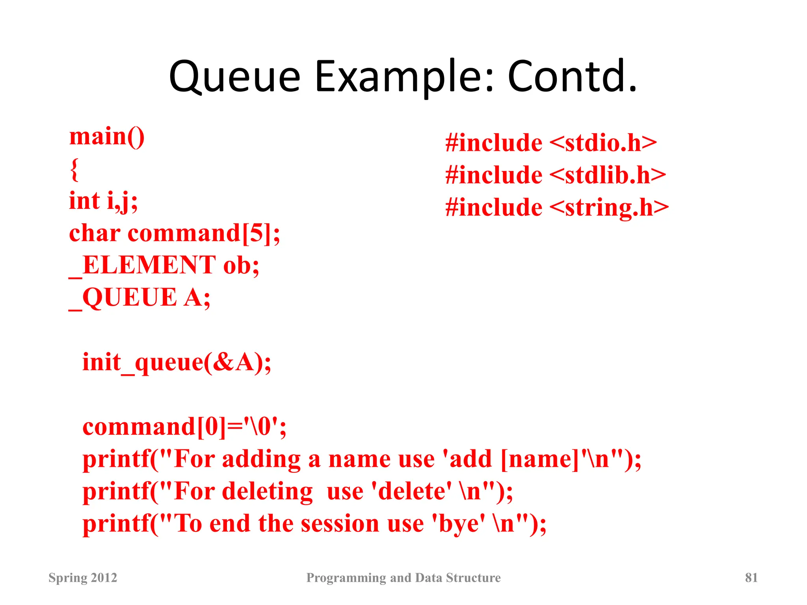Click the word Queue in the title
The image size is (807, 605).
(x=235, y=77)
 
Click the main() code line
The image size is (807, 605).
(x=107, y=137)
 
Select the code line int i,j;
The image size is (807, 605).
(x=103, y=201)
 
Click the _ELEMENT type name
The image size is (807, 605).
(x=142, y=265)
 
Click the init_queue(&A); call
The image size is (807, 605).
(x=177, y=362)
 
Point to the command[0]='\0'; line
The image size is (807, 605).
(x=184, y=427)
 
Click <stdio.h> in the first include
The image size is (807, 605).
(x=603, y=143)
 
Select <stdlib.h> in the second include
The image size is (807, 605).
(x=607, y=175)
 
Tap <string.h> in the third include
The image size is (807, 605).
(x=609, y=208)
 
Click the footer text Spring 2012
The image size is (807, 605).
(x=83, y=577)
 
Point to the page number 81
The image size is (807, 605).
(x=751, y=577)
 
